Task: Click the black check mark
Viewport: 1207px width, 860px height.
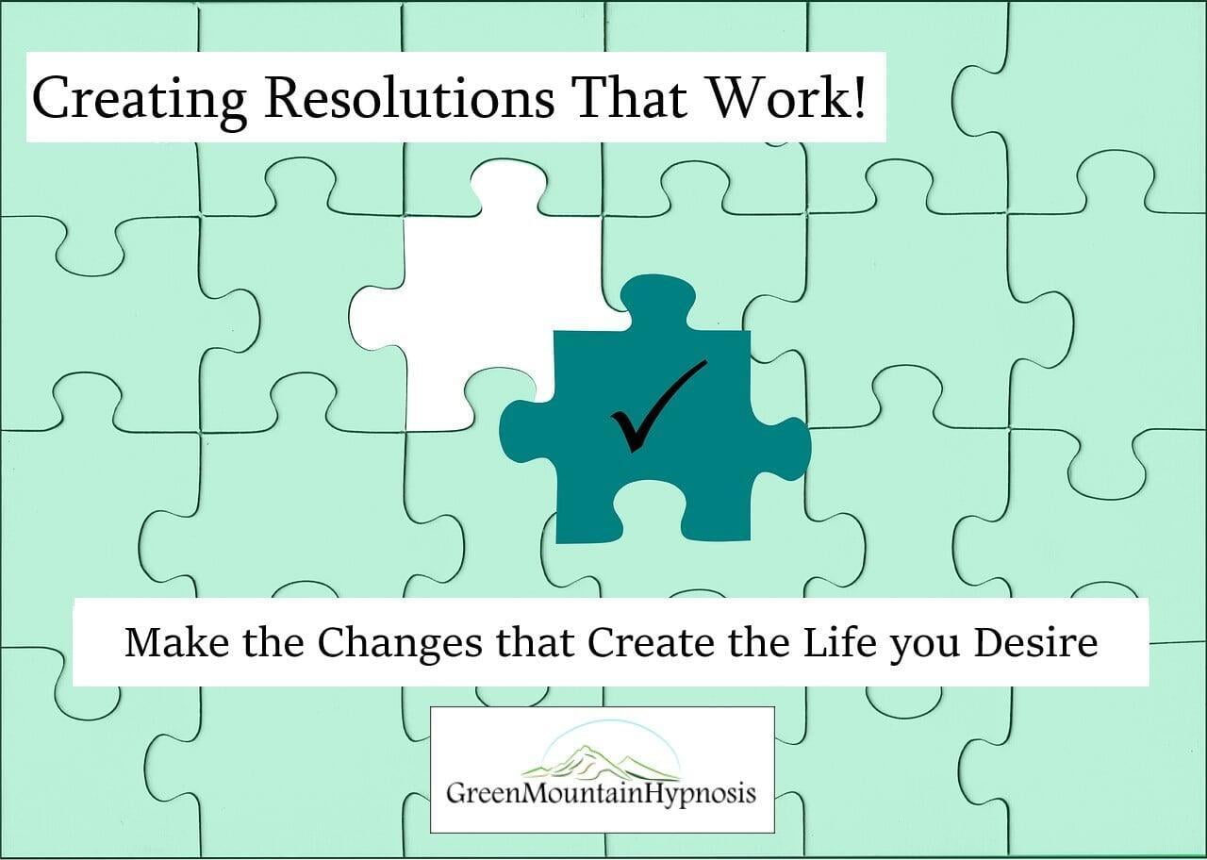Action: point(657,405)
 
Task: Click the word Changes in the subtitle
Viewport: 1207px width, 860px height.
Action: point(400,644)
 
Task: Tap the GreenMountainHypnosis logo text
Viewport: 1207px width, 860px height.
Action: point(601,795)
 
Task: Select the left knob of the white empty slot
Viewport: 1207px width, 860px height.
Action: point(377,319)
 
